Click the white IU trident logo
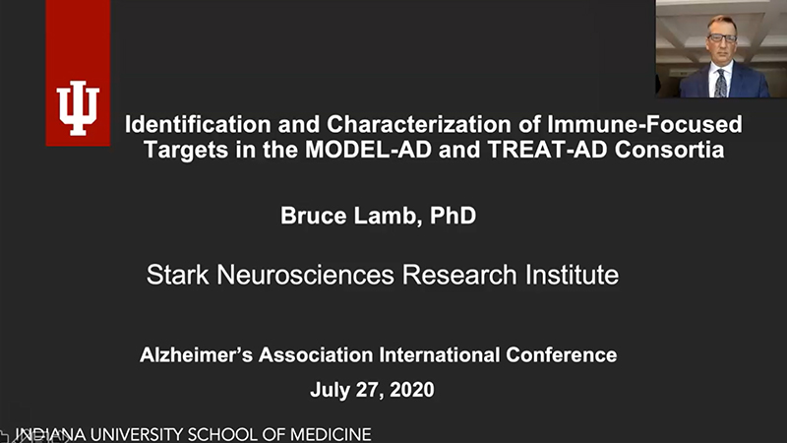(x=78, y=108)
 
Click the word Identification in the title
(x=198, y=124)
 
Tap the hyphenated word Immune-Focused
(x=645, y=124)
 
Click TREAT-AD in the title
(x=547, y=150)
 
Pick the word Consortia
(x=670, y=150)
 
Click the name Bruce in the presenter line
(x=313, y=216)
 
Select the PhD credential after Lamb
(x=453, y=216)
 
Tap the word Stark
(x=178, y=275)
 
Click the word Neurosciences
(x=306, y=275)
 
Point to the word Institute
(x=572, y=275)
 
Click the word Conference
(x=561, y=355)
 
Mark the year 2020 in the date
(x=411, y=390)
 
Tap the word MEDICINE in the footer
(x=331, y=434)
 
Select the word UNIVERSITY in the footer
(x=136, y=434)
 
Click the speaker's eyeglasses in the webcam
(x=722, y=37)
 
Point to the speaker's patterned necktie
(x=721, y=84)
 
